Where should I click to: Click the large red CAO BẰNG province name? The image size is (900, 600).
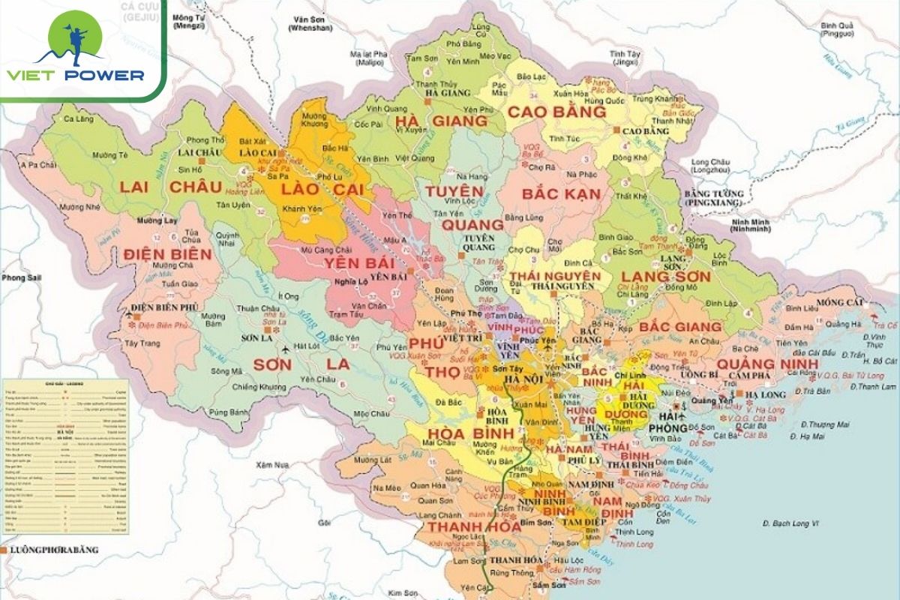point(556,112)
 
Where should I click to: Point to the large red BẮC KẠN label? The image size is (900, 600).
point(562,194)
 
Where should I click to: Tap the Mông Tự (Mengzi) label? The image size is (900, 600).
point(189,21)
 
